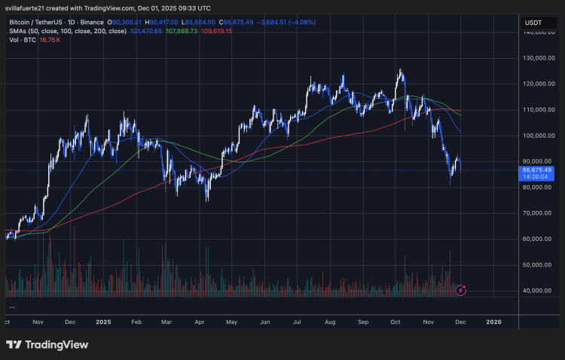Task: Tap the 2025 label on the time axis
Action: (103, 321)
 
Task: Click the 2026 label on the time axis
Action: (493, 321)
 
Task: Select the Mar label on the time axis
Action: (166, 321)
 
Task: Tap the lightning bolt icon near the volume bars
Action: (461, 289)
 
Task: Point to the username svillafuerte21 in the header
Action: (26, 8)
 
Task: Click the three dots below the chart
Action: (12, 307)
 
